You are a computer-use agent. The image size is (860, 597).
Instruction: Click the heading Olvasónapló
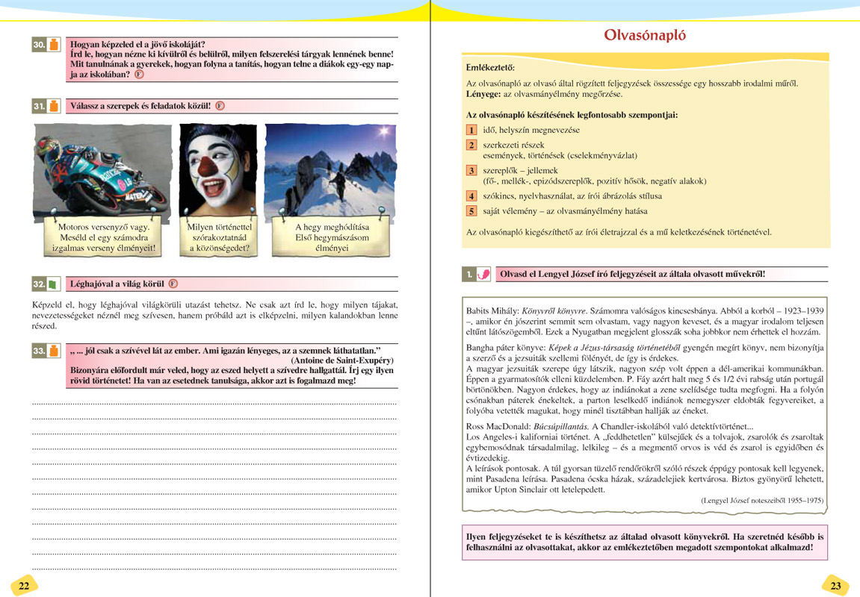pyautogui.click(x=645, y=35)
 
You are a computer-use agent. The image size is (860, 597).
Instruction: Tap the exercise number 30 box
pyautogui.click(x=40, y=45)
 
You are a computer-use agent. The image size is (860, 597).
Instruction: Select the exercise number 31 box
pyautogui.click(x=40, y=106)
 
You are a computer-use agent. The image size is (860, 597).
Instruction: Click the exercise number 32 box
pyautogui.click(x=40, y=284)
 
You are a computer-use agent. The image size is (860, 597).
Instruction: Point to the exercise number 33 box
pyautogui.click(x=40, y=350)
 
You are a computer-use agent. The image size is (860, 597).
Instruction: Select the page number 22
pyautogui.click(x=24, y=585)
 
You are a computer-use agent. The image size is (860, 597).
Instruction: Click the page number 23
pyautogui.click(x=835, y=585)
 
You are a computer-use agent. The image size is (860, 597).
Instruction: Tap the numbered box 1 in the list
pyautogui.click(x=471, y=131)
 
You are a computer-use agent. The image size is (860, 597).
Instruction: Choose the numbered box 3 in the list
pyautogui.click(x=471, y=171)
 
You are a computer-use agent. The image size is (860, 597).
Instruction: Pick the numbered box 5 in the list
pyautogui.click(x=471, y=211)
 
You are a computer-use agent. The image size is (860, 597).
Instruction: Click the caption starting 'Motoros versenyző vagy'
pyautogui.click(x=104, y=237)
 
